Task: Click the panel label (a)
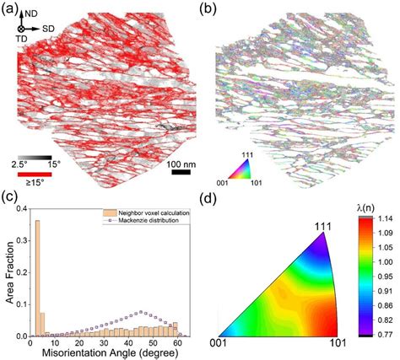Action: [12, 8]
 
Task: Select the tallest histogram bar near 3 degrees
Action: [36, 278]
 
